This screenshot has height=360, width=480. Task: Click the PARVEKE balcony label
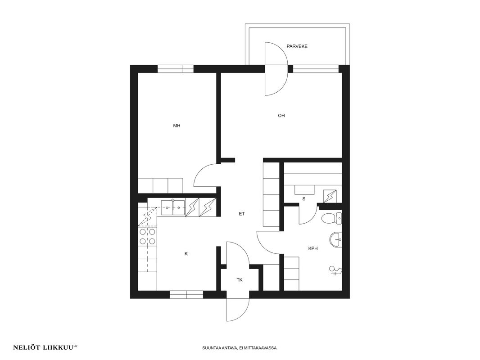pos(297,46)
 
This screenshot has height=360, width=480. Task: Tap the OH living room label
pos(281,116)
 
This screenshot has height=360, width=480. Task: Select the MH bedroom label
pos(177,126)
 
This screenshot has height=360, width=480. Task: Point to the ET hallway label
pos(242,214)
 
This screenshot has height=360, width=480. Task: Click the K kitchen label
pos(186,253)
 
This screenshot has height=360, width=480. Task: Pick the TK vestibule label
pos(240,280)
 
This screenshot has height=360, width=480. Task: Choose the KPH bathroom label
pos(313,248)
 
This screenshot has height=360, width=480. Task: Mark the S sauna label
pos(304,199)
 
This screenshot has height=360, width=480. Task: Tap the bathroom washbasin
pos(336,239)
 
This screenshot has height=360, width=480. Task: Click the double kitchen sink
pos(172,207)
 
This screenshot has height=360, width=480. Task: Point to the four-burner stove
pos(147,237)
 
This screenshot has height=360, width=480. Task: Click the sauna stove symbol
pos(330,196)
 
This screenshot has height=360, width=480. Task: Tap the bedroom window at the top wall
pos(176,69)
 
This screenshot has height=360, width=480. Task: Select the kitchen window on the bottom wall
pos(186,294)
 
